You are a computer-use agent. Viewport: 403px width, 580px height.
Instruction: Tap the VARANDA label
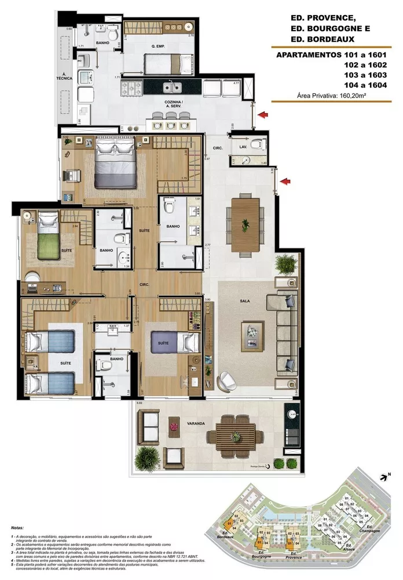coord(196,424)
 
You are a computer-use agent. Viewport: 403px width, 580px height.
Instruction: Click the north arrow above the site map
coord(383,477)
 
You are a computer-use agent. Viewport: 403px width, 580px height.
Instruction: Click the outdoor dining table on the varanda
coord(230,432)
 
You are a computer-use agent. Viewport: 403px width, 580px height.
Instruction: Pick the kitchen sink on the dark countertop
coord(171,88)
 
